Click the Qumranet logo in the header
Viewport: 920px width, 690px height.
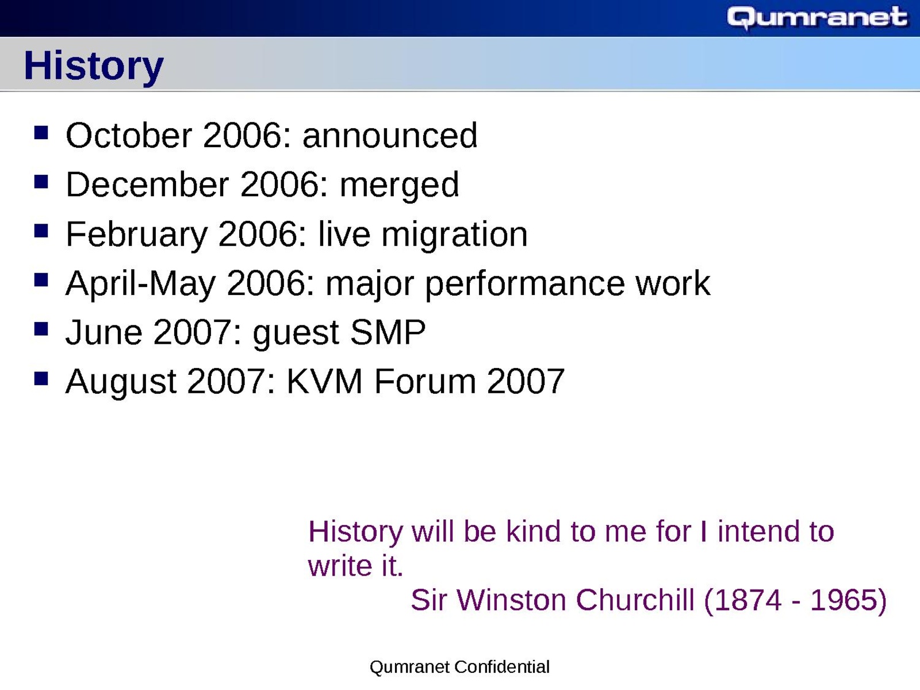point(817,18)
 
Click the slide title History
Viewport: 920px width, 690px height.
point(94,66)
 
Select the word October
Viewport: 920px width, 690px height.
point(129,135)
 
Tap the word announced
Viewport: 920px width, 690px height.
point(390,135)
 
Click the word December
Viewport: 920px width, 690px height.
point(147,185)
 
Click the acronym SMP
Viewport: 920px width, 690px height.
point(388,332)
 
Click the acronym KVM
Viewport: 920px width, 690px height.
point(324,381)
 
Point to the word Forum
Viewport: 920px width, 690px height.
point(424,381)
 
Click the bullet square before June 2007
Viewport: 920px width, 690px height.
point(41,329)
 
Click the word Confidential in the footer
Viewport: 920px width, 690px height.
point(502,666)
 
